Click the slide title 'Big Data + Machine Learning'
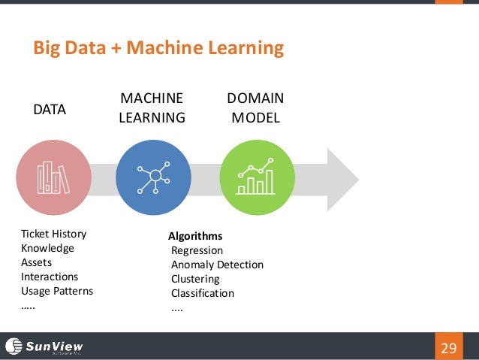[x=158, y=50]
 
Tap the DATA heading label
[x=50, y=110]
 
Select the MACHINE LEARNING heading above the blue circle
[x=152, y=108]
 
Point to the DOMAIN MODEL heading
[x=255, y=108]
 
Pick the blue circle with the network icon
[x=153, y=177]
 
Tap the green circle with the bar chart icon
[x=256, y=177]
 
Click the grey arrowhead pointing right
[x=338, y=177]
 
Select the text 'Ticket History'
[x=53, y=234]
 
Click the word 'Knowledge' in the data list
[x=47, y=248]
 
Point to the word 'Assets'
[x=38, y=262]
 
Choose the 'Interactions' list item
[x=50, y=277]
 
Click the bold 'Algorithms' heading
[x=195, y=236]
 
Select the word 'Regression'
[x=197, y=250]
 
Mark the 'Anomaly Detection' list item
[x=217, y=265]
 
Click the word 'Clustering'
[x=195, y=279]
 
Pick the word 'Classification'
[x=203, y=293]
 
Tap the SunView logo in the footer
[x=44, y=346]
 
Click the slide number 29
[x=449, y=347]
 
